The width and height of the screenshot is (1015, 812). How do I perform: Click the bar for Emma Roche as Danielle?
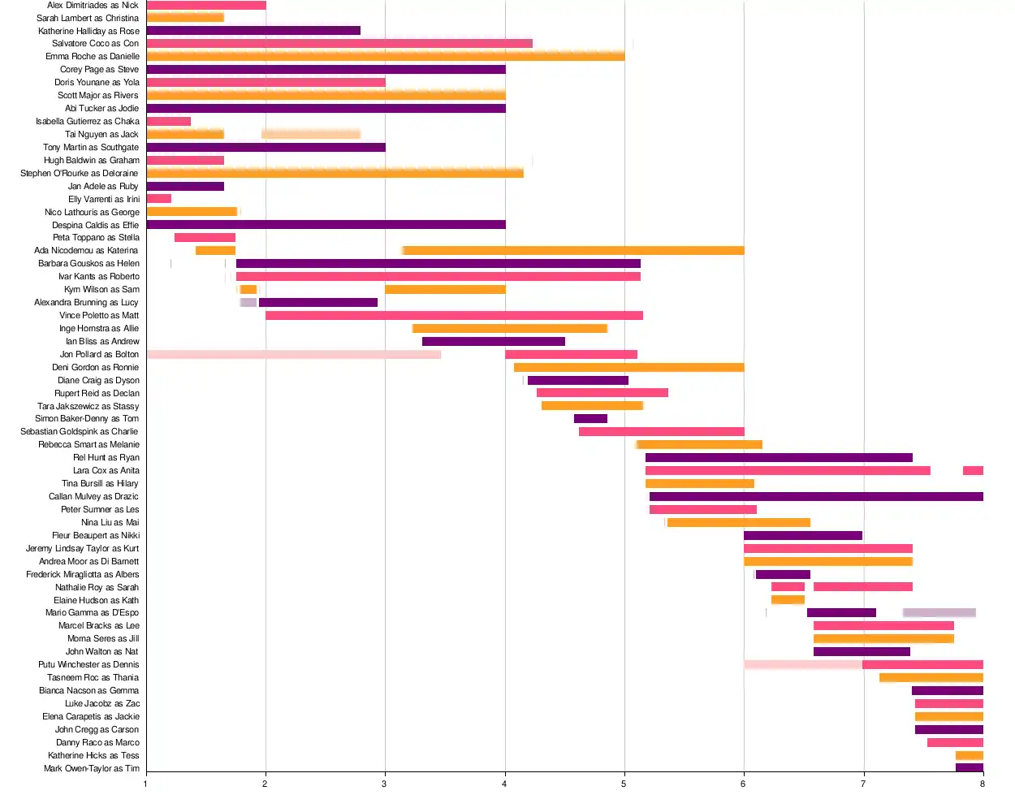(x=386, y=57)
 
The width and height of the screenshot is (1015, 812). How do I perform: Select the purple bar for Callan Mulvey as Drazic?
(x=816, y=497)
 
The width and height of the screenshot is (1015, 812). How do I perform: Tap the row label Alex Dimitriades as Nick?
(x=93, y=6)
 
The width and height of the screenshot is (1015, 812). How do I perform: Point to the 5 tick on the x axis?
(x=624, y=784)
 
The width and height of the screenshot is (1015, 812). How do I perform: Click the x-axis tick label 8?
(x=983, y=784)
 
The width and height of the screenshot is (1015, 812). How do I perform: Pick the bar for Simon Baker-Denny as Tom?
(x=590, y=419)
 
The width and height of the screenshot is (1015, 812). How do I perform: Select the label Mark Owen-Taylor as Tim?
(x=92, y=768)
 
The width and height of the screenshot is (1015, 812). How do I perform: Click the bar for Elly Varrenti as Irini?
(x=159, y=199)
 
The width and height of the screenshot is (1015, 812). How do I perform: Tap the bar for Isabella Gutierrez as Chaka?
(x=169, y=122)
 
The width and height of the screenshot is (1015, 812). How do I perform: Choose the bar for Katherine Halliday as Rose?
(x=253, y=31)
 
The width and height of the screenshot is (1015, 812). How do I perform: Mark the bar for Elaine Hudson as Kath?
(x=788, y=600)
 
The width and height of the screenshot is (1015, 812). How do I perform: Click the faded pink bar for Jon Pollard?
(x=294, y=355)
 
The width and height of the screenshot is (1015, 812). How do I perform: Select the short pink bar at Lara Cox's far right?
(x=973, y=471)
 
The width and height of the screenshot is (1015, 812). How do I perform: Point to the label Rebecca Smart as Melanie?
(x=89, y=445)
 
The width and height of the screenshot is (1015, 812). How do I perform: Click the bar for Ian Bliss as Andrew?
(x=494, y=342)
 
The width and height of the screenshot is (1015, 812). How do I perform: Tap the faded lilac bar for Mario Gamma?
(x=939, y=613)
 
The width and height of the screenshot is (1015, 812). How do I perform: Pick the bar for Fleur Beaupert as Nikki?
(x=803, y=536)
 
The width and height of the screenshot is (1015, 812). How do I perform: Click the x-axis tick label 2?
(x=265, y=784)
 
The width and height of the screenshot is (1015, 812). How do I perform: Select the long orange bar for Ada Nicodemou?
(x=573, y=251)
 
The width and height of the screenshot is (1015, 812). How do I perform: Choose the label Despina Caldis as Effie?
(x=96, y=226)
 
